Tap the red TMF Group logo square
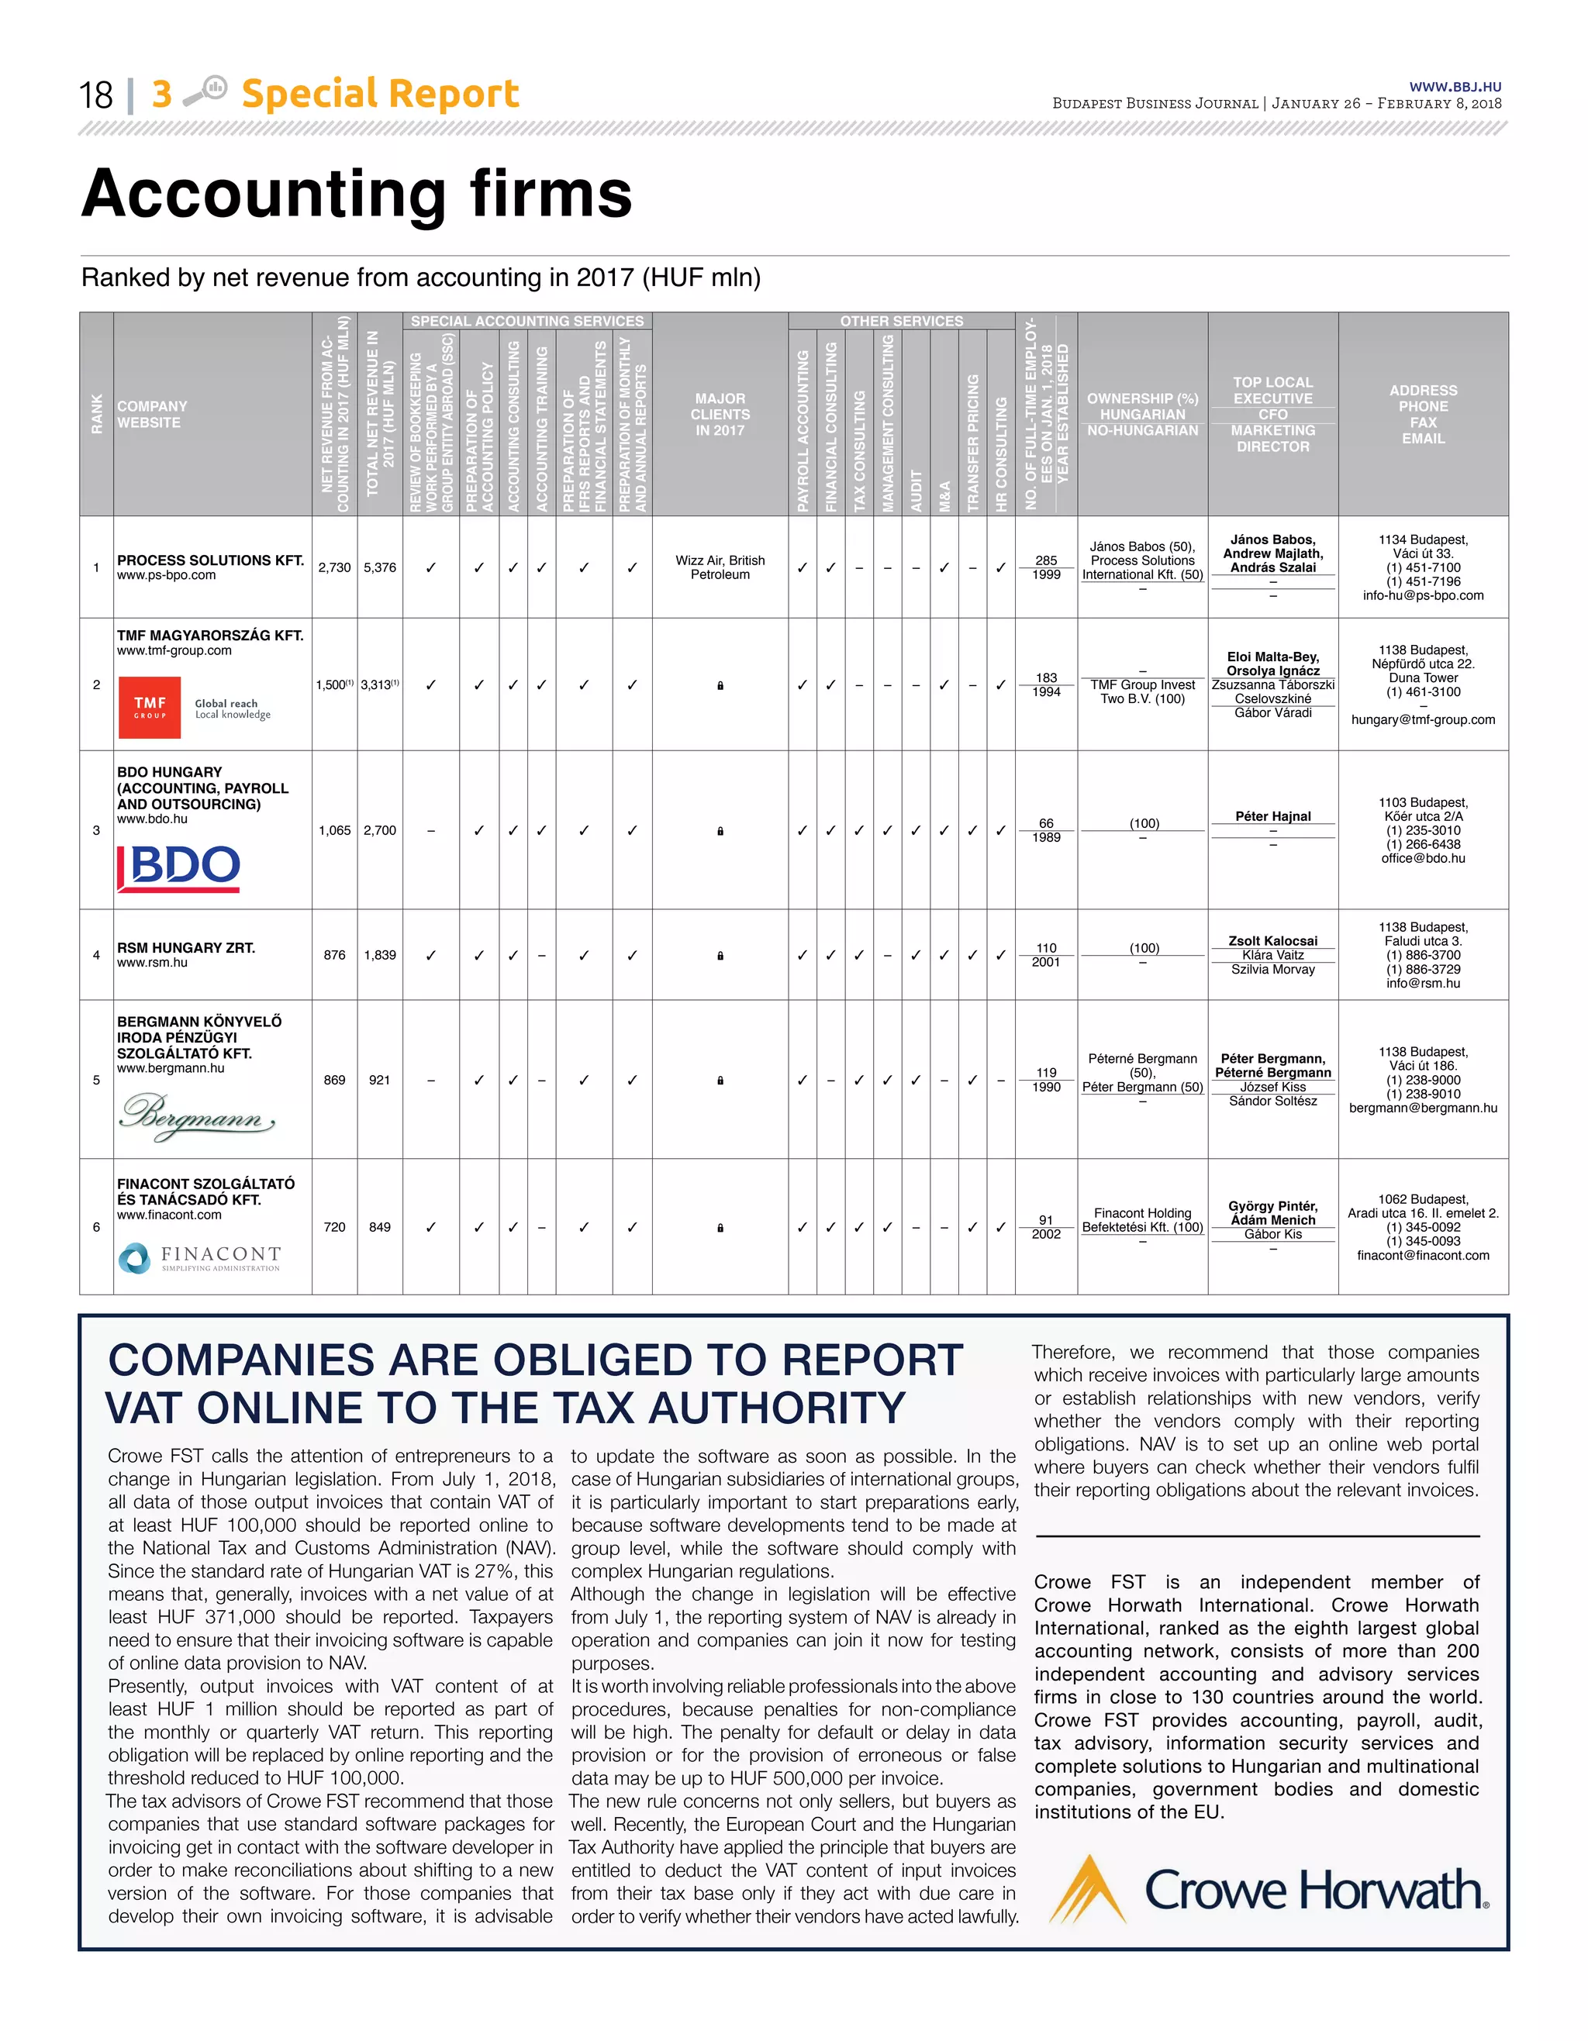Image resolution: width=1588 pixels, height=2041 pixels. coord(150,708)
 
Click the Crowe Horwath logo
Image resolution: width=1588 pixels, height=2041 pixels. coord(1269,1890)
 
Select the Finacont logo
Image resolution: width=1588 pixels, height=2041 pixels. coord(200,1258)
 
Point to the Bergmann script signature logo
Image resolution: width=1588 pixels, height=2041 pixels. coord(197,1115)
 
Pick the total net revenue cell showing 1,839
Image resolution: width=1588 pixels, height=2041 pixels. coord(379,955)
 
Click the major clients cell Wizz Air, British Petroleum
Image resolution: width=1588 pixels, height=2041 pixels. coord(720,567)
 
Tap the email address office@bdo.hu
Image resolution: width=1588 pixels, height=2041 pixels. coord(1423,858)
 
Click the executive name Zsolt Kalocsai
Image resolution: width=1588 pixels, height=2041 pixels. coord(1272,941)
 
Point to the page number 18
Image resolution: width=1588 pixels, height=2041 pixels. coord(95,95)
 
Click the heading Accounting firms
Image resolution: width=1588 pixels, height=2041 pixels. coord(357,194)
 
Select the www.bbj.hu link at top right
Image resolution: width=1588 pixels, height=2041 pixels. coord(1455,87)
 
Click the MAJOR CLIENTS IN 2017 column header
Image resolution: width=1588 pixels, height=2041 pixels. coord(720,414)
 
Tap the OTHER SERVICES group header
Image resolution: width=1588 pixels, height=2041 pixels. coord(901,321)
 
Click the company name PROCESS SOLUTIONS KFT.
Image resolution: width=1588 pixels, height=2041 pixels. coord(210,560)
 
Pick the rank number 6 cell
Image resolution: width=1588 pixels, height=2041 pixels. coord(96,1227)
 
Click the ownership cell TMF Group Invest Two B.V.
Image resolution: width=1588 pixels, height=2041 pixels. coord(1142,691)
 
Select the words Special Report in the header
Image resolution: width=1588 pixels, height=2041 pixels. coord(379,94)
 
